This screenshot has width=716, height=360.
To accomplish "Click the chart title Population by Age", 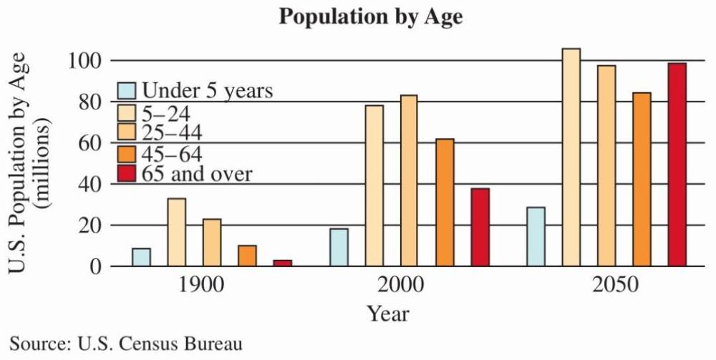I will [x=371, y=16].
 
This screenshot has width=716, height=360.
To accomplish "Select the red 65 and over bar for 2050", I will [x=677, y=165].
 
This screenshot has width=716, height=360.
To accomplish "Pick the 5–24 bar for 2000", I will [x=374, y=185].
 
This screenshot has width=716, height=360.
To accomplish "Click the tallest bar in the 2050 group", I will [x=571, y=157].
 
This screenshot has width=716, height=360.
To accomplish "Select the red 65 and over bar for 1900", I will [x=282, y=263].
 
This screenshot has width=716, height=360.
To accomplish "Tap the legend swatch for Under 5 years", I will [x=127, y=90].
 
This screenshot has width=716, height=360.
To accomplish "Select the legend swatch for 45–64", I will [x=127, y=153].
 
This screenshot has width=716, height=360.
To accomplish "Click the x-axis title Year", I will [x=389, y=313].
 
